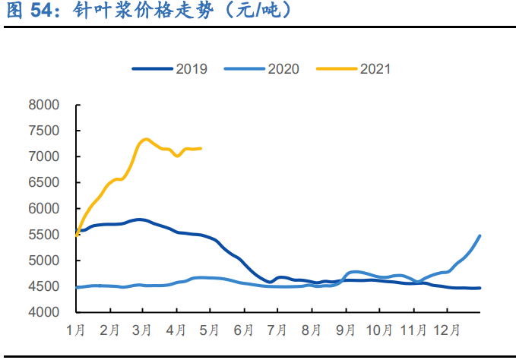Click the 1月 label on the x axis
click(77, 331)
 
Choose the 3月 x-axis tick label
click(144, 331)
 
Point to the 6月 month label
click(245, 331)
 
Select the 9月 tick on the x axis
click(346, 331)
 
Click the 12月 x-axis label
click(447, 331)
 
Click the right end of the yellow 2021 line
click(201, 148)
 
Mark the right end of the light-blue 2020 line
click(480, 235)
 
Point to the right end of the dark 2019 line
click(480, 288)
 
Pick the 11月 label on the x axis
click(413, 331)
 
